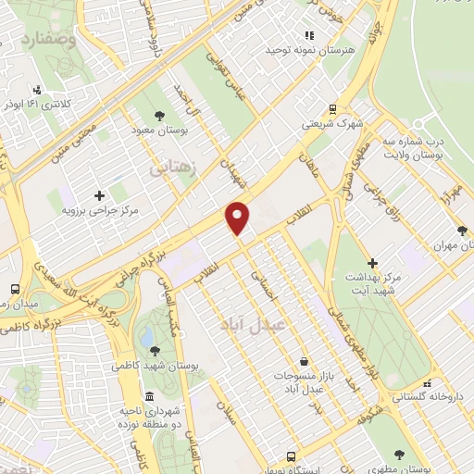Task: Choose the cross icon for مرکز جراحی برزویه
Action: click(99, 195)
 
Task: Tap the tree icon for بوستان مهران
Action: click(462, 231)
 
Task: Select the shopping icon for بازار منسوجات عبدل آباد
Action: click(305, 361)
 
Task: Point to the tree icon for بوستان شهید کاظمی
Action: click(154, 350)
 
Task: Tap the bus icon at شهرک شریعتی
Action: click(333, 107)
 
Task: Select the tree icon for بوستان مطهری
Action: click(399, 455)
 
